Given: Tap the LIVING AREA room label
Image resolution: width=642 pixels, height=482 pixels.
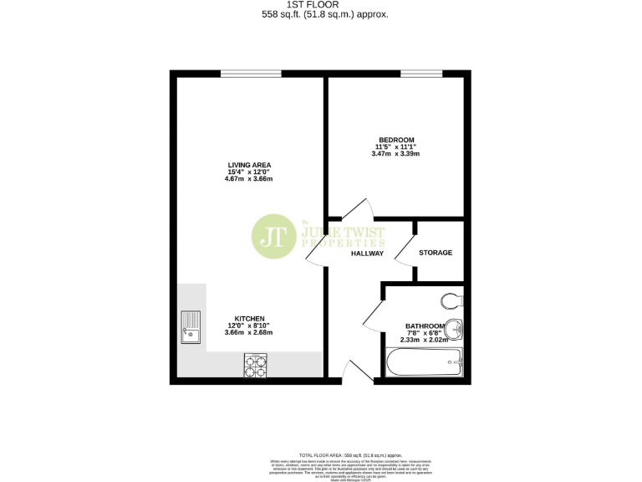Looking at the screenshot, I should (x=250, y=165).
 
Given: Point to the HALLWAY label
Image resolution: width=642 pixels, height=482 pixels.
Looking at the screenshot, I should (x=367, y=253).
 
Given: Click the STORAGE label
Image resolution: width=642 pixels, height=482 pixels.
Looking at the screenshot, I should (x=436, y=252).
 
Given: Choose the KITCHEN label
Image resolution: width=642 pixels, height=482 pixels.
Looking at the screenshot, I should (x=249, y=319).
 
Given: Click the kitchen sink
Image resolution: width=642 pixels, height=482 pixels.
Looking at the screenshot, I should (x=190, y=327).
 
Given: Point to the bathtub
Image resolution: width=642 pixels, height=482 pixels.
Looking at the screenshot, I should (x=424, y=362).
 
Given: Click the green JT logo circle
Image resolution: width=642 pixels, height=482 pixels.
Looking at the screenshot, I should (x=271, y=237).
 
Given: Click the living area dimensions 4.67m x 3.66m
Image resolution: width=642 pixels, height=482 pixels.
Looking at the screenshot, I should (x=250, y=179).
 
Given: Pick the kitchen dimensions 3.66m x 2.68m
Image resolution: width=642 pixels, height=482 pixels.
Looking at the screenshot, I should (x=249, y=333).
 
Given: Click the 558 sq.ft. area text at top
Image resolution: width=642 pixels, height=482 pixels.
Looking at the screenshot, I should (x=325, y=14).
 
